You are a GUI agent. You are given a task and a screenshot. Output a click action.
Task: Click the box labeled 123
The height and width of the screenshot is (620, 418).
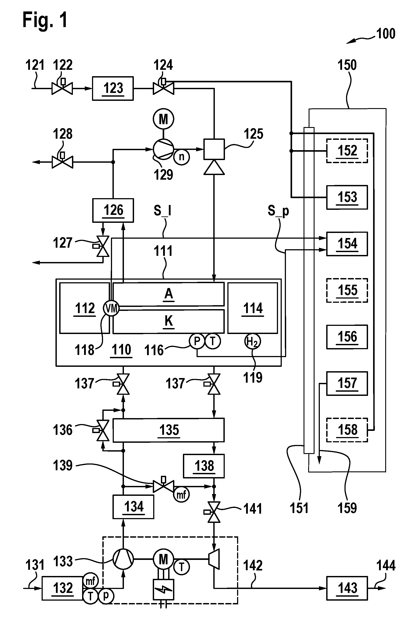point(113,88)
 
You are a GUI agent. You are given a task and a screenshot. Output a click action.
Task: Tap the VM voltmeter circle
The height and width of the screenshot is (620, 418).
point(111,308)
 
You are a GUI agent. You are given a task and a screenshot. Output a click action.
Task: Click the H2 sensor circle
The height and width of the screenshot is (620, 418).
point(252,341)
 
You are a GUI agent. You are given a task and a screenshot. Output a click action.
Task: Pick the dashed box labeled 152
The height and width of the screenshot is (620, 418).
point(347,151)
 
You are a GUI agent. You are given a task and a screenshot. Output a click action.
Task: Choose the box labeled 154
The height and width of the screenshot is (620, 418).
point(347,244)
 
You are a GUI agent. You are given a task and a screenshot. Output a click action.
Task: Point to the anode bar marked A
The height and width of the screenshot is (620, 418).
point(168,294)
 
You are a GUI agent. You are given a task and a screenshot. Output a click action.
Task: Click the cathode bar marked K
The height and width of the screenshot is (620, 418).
point(168,321)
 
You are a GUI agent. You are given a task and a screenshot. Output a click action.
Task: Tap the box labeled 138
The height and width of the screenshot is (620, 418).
point(204,466)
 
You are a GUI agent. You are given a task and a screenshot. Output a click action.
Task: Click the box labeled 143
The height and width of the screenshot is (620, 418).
point(347,588)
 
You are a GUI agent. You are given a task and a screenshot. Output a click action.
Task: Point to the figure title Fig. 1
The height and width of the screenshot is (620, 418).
point(45,20)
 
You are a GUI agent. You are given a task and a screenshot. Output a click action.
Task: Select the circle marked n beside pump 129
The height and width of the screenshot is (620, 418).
point(182,157)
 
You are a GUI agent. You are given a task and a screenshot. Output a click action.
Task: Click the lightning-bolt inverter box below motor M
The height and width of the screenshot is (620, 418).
point(163,590)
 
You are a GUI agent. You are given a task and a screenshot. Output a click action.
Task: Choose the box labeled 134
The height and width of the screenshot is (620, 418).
point(133,507)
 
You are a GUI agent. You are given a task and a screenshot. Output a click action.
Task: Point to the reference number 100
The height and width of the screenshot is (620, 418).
point(385,34)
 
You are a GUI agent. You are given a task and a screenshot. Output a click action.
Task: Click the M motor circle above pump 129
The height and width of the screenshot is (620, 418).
point(163,119)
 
